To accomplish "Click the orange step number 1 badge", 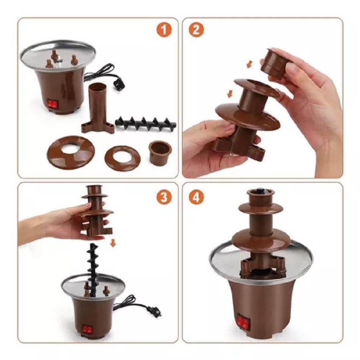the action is (164, 30).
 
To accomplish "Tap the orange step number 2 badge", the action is (196, 30).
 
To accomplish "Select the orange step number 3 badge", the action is (164, 197).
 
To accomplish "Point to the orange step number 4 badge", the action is (196, 197).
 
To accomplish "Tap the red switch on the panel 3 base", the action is (87, 329).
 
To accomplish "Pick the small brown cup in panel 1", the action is (160, 153).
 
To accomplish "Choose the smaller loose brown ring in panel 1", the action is (123, 158).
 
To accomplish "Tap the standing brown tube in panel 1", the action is (97, 108).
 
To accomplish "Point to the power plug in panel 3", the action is (155, 311).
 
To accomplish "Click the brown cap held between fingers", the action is (274, 63).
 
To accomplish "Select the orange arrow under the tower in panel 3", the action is (113, 243).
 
